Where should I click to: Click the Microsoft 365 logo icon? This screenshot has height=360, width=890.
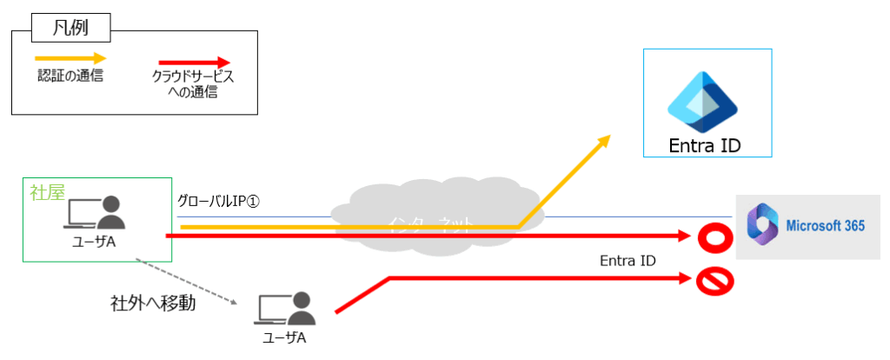point(762,225)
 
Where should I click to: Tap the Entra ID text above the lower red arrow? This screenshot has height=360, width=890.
point(628,260)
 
